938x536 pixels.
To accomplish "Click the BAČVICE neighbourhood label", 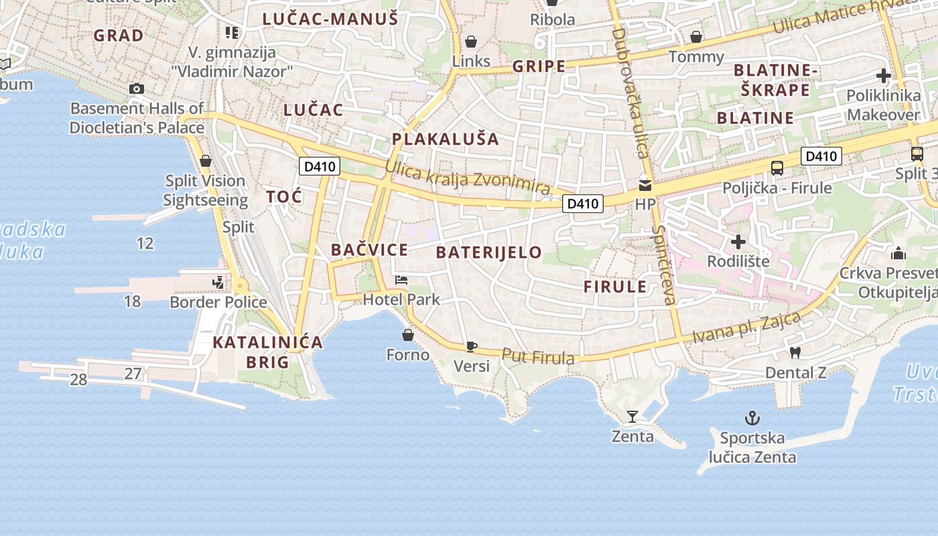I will coord(369,250).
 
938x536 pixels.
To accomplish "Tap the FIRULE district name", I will coord(615,287).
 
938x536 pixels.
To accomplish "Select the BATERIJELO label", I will coord(488,253).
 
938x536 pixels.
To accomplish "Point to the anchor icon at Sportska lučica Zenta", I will coord(752,418).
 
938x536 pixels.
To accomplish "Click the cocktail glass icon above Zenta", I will coord(632,417).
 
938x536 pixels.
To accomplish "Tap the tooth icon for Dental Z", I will coord(795,352).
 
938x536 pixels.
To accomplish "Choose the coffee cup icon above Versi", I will coord(471,346).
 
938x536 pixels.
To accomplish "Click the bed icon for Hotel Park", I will coord(401,280).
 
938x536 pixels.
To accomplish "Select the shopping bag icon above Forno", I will coord(407,334).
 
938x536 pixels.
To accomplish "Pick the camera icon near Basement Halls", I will coord(137,88).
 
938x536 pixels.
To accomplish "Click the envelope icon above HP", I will coord(645,185).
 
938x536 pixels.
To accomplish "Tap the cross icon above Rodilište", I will coord(738,241).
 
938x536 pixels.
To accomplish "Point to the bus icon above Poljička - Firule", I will coord(777,168).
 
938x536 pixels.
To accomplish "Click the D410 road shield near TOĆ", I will coord(320,166).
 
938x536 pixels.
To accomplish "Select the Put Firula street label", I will coord(538,357).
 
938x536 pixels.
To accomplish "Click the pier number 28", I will coord(78,380).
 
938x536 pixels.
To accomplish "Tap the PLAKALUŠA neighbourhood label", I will coord(446,139).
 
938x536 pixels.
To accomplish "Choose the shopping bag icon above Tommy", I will coord(696,38).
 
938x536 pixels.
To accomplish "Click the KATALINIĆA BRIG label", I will coord(267,352).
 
